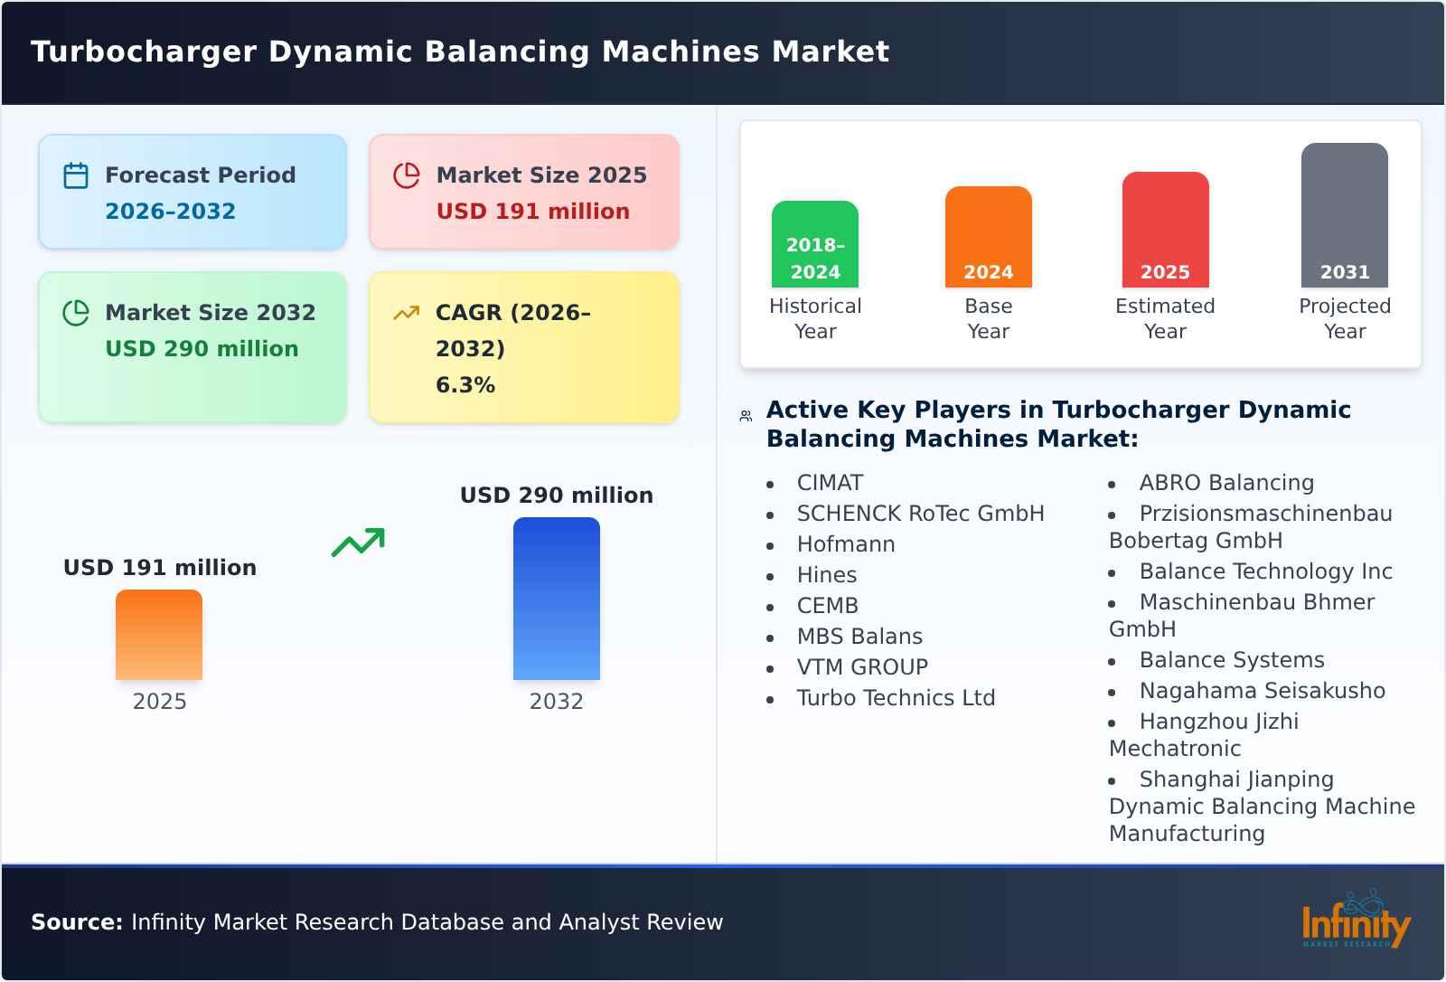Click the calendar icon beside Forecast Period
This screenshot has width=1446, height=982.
click(76, 175)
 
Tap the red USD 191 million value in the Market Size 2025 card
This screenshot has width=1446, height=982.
click(532, 212)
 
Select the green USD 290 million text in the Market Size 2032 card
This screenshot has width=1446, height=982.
click(202, 349)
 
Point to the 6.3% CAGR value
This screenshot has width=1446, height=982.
click(465, 385)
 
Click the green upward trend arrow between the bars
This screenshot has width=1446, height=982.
click(359, 543)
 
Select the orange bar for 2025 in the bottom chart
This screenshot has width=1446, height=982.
click(159, 635)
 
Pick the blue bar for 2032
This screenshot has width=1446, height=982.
click(556, 599)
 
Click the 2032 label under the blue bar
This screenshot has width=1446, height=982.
click(556, 702)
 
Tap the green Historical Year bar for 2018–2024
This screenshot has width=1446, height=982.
click(814, 244)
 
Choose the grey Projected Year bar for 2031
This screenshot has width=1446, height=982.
click(1344, 215)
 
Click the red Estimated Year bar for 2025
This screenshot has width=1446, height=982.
click(1165, 230)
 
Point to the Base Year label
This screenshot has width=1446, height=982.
click(988, 318)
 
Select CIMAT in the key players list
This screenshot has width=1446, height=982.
click(830, 483)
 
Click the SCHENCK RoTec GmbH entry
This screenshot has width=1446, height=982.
click(920, 514)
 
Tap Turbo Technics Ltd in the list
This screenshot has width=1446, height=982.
click(896, 698)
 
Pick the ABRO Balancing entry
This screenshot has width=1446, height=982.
click(1226, 483)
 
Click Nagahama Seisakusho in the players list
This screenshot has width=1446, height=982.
click(1262, 691)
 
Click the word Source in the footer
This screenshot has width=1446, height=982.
click(76, 922)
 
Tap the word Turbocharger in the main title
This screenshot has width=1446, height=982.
click(144, 52)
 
